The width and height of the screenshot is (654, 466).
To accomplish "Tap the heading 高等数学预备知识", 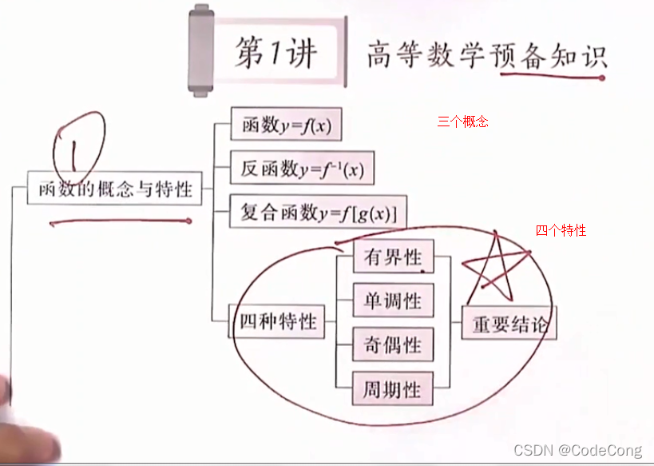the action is pyautogui.click(x=486, y=55).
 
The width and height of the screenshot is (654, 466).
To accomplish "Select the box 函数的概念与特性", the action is pyautogui.click(x=114, y=189).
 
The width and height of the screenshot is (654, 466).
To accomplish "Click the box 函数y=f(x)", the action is pyautogui.click(x=286, y=125).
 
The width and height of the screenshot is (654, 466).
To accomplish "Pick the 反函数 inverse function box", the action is pyautogui.click(x=302, y=168).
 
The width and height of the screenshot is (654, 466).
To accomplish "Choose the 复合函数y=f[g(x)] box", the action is pyautogui.click(x=318, y=212).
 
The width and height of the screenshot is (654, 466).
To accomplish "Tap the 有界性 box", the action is pyautogui.click(x=393, y=257).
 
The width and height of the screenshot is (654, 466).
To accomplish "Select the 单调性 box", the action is pyautogui.click(x=393, y=301).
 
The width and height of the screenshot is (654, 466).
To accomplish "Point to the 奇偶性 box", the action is pyautogui.click(x=393, y=345).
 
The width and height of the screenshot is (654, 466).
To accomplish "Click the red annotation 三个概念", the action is pyautogui.click(x=462, y=122).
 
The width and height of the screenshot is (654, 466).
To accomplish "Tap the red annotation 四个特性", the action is pyautogui.click(x=561, y=231).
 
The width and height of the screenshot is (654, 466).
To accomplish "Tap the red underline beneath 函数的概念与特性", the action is pyautogui.click(x=120, y=221).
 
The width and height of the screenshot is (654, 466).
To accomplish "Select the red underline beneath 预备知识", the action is pyautogui.click(x=551, y=77).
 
